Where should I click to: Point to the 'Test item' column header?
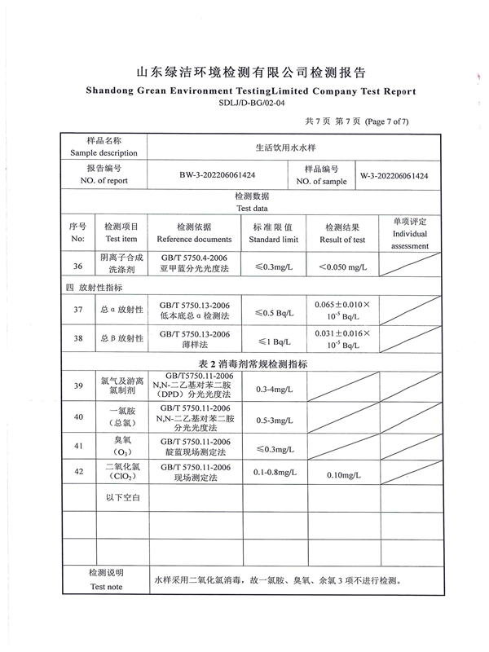pos(121,240)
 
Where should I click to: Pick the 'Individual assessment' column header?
pos(409,234)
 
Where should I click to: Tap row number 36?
pos(78,267)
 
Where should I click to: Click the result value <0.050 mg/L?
pos(342,267)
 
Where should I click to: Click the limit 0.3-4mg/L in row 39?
pos(274,390)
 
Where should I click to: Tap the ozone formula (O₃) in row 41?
pos(121,452)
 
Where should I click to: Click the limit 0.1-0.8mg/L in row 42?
pos(274,473)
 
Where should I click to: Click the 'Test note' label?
pos(107,586)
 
